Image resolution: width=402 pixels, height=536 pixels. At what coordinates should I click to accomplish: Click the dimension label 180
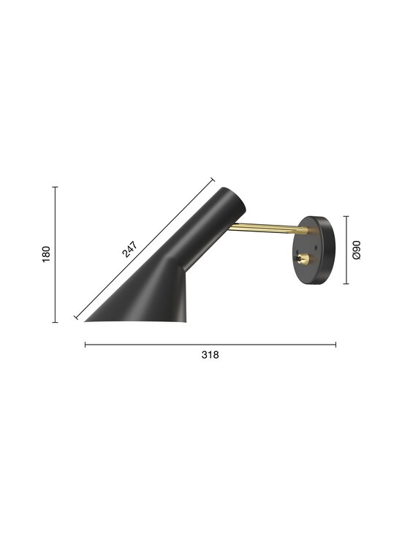click(46, 254)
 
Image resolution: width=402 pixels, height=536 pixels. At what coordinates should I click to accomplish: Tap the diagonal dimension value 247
click(129, 249)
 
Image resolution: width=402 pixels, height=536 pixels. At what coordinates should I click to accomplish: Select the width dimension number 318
click(210, 355)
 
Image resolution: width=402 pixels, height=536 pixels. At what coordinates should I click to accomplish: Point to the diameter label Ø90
click(357, 250)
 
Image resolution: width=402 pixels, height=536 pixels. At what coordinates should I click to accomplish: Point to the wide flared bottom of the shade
click(139, 314)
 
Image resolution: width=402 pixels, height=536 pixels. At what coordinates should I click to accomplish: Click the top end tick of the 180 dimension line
click(56, 187)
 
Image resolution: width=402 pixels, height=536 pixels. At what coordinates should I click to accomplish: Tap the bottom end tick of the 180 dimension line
click(56, 322)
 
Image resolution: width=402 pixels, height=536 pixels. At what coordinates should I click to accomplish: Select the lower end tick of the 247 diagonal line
click(76, 317)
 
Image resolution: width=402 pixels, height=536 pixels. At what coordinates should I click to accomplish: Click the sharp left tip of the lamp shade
click(86, 320)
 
